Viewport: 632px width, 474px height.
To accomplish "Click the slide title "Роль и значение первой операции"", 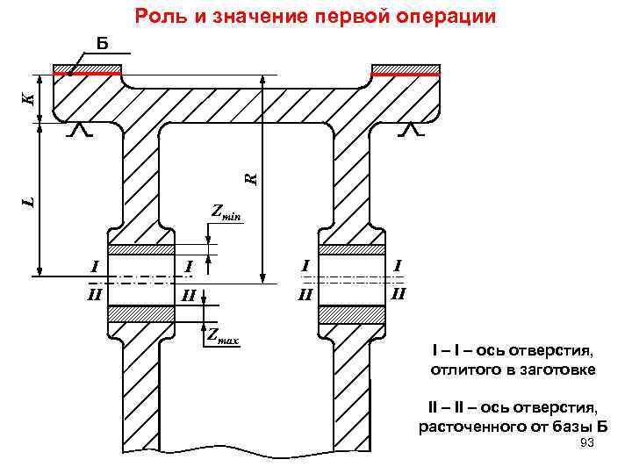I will pyautogui.click(x=316, y=17).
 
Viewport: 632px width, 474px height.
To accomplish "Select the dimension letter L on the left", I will pyautogui.click(x=28, y=201).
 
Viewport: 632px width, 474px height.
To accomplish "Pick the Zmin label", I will pyautogui.click(x=226, y=212).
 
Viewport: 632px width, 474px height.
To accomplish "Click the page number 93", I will pyautogui.click(x=587, y=446).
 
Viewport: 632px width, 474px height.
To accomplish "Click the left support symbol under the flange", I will pyautogui.click(x=80, y=131).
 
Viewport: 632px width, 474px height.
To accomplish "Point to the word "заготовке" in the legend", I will pyautogui.click(x=557, y=370).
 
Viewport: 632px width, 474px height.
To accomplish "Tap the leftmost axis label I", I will pyautogui.click(x=95, y=264).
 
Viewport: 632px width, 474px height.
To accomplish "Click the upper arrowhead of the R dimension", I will pyautogui.click(x=262, y=80).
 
